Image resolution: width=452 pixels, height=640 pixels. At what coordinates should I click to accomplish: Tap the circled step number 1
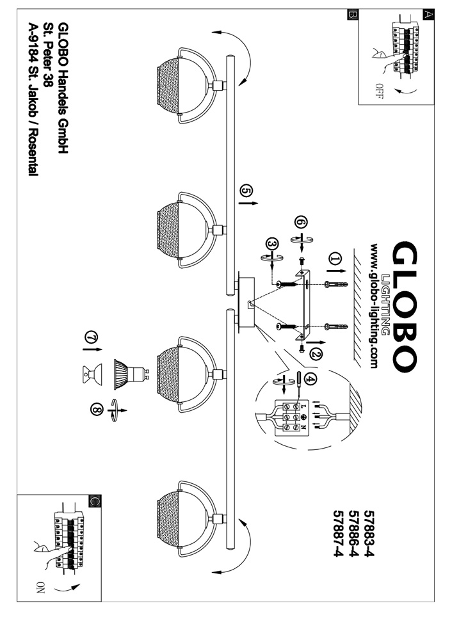(x=334, y=259)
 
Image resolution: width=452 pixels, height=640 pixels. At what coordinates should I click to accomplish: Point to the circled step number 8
(x=96, y=410)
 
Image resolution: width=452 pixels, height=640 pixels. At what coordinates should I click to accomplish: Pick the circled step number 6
(x=301, y=221)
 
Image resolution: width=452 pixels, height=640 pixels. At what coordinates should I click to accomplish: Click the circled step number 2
(x=314, y=353)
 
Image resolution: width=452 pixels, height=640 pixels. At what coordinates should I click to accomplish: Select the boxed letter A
(x=428, y=15)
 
